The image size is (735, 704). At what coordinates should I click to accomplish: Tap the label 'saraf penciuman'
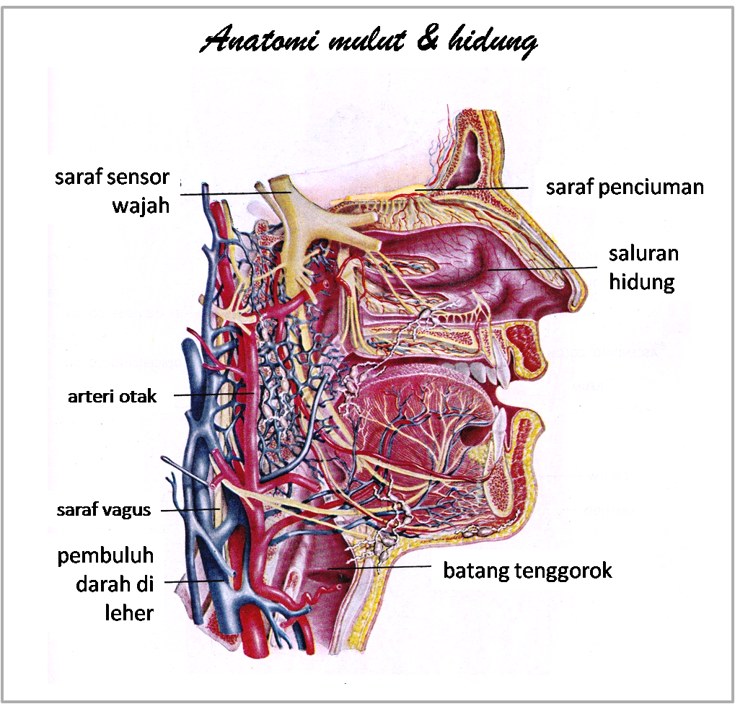coord(624,188)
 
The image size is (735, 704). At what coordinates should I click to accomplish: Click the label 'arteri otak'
coord(112,396)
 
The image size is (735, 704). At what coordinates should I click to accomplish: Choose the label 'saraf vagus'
coord(104,511)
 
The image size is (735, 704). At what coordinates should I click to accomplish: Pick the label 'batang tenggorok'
coord(527,571)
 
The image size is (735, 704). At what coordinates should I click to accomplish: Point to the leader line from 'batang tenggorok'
coord(382,568)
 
